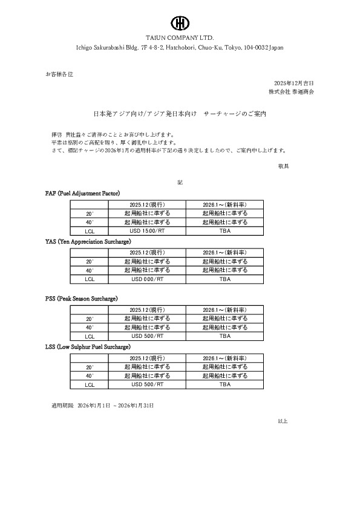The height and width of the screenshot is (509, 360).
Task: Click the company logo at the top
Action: point(180,23)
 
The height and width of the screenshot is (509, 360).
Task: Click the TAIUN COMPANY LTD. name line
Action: point(180,37)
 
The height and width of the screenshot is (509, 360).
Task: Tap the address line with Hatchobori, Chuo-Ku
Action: point(180,47)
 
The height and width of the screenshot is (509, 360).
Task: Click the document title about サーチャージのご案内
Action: point(180,113)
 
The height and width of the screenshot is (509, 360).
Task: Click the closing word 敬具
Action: point(283,166)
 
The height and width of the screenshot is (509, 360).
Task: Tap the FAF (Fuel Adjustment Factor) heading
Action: point(83,193)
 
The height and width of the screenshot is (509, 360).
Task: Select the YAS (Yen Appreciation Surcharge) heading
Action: point(88,242)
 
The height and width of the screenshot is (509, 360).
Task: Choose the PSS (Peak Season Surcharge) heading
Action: point(81,299)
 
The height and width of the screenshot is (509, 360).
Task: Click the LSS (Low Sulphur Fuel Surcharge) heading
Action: point(88,348)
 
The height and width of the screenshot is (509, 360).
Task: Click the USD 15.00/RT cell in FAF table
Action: point(147,231)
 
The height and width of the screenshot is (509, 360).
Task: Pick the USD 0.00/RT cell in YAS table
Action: point(147,280)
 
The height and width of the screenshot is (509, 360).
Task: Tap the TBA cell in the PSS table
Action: point(225,336)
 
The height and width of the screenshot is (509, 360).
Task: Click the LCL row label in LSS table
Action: point(90,385)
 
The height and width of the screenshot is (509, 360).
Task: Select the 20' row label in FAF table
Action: point(90,214)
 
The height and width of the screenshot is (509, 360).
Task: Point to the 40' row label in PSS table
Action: point(90,327)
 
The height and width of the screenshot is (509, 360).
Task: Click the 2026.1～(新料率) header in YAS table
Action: point(225,253)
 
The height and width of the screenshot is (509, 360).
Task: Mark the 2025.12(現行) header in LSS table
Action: point(147,358)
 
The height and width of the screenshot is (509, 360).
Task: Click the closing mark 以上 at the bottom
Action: point(283,420)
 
